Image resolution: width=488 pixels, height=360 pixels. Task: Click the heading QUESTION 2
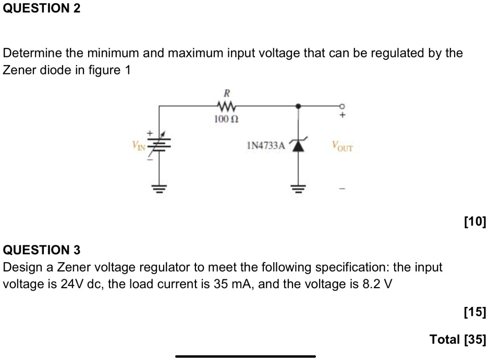coord(42,9)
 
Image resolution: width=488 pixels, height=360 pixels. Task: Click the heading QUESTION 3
coord(42,250)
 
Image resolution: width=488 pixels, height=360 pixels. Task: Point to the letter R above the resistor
coord(227,94)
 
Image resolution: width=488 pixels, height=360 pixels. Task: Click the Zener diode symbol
coord(298,146)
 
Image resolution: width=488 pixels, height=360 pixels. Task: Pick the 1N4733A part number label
coord(265,146)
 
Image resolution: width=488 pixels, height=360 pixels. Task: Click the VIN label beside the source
coord(139,146)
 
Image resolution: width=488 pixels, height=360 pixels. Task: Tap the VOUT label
coord(342,146)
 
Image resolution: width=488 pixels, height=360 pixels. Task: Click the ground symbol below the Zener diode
coord(298,189)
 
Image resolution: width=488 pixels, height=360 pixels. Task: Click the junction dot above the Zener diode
coord(298,106)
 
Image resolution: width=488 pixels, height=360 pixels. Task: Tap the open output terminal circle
coord(342,106)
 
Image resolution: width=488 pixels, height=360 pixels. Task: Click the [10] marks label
coord(474,224)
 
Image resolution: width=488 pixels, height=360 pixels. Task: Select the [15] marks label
coord(474,313)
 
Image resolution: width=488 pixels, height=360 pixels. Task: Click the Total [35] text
coord(457,340)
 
